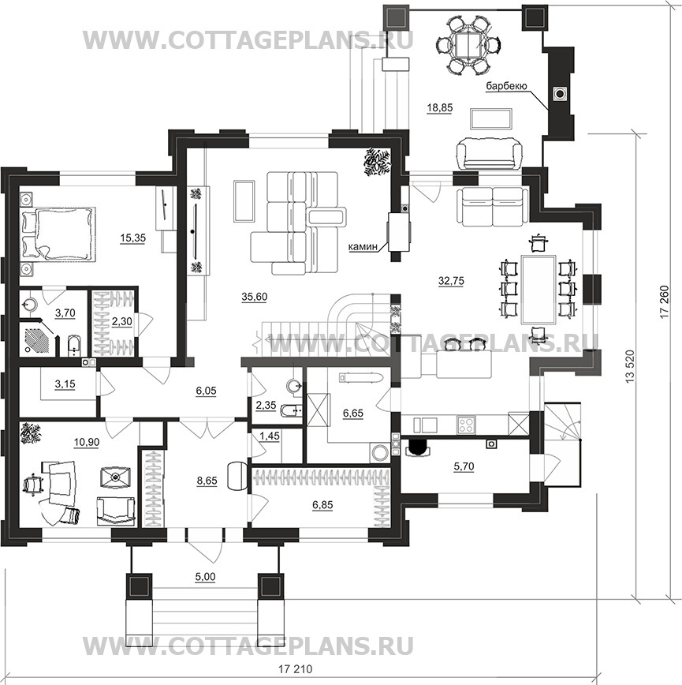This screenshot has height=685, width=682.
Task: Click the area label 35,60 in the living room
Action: coord(254,297)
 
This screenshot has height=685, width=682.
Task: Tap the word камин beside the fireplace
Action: coord(363,246)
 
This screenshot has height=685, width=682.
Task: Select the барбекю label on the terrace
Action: coord(507,86)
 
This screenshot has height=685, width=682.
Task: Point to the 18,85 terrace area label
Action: coord(440,107)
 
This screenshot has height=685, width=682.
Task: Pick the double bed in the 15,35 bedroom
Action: coord(58,234)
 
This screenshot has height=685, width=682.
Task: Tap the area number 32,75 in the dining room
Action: coord(451,281)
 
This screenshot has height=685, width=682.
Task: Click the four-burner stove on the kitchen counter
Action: coord(467,425)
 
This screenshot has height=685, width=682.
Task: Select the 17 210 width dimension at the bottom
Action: coord(296,669)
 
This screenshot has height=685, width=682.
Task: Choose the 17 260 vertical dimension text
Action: coord(664,302)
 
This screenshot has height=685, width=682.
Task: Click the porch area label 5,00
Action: coord(205,577)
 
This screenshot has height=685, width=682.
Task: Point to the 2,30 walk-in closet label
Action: coord(121,321)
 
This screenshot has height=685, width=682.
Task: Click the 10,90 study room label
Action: coord(87,442)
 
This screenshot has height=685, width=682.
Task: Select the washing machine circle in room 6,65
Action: coord(379,453)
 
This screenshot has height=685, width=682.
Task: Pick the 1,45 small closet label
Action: coord(270,436)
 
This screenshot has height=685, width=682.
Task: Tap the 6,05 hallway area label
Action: coord(206,391)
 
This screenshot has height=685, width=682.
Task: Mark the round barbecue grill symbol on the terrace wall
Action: coord(560,93)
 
